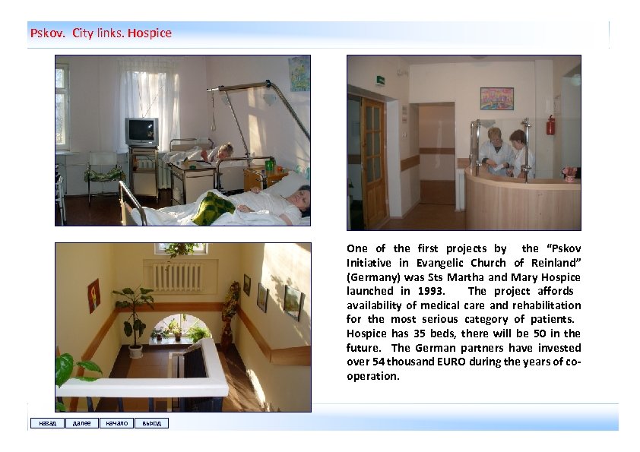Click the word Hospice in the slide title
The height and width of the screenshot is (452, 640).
click(x=150, y=33)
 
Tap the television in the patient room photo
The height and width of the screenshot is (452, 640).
click(x=141, y=131)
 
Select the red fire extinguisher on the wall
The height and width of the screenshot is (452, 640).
click(x=550, y=125)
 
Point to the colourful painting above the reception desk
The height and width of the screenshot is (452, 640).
click(x=496, y=99)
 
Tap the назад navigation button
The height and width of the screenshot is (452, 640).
click(x=46, y=423)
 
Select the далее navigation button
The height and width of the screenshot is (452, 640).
click(x=81, y=423)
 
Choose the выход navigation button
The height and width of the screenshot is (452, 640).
click(x=152, y=423)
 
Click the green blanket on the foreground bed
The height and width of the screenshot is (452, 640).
click(x=214, y=207)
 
